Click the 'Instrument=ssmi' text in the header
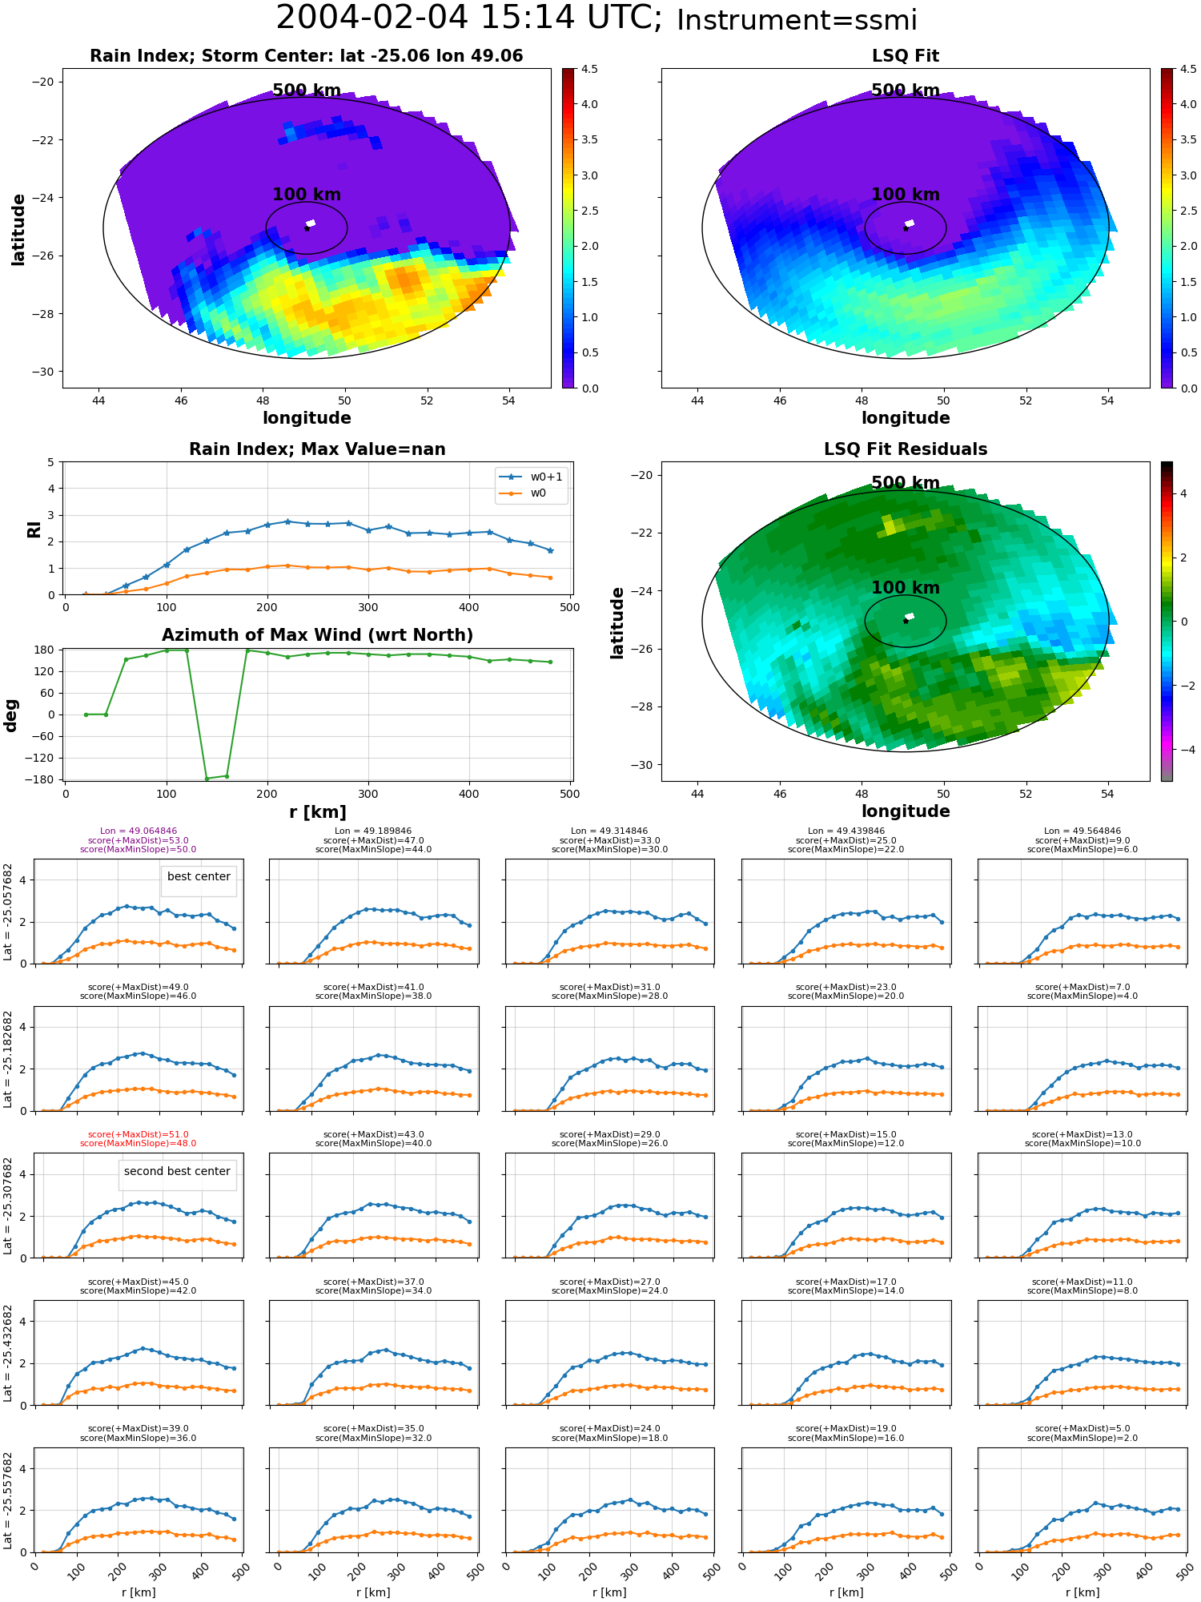pyautogui.click(x=797, y=21)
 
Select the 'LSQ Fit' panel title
pyautogui.click(x=906, y=56)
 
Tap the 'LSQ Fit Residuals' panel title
pyautogui.click(x=906, y=449)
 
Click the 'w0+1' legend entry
pyautogui.click(x=532, y=477)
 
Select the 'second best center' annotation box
pyautogui.click(x=177, y=1172)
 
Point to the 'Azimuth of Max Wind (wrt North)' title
pyautogui.click(x=317, y=635)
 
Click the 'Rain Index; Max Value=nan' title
pyautogui.click(x=317, y=449)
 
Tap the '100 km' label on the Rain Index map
pyautogui.click(x=307, y=195)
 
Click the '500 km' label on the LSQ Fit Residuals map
pyautogui.click(x=906, y=483)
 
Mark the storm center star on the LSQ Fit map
pyautogui.click(x=906, y=228)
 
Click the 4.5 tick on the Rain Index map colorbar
pyautogui.click(x=589, y=69)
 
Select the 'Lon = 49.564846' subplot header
pyautogui.click(x=1083, y=831)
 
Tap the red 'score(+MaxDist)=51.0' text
pyautogui.click(x=139, y=1134)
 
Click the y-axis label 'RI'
pyautogui.click(x=34, y=529)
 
